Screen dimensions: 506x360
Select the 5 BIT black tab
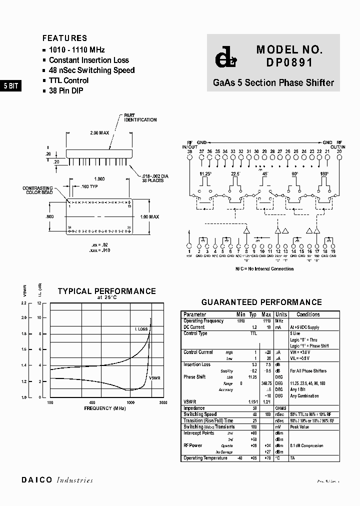click(x=10, y=86)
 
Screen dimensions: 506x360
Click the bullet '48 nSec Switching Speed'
click(x=91, y=70)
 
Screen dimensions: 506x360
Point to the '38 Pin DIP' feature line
click(x=66, y=90)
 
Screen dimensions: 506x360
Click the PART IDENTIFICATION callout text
click(x=140, y=117)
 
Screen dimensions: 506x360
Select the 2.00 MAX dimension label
click(x=100, y=133)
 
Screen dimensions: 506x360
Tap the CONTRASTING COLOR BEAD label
click(x=37, y=190)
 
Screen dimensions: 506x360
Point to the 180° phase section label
click(x=324, y=173)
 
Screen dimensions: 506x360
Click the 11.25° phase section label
click(x=205, y=173)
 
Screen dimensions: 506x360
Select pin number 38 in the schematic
click(x=189, y=151)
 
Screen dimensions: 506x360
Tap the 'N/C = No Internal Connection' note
click(x=264, y=269)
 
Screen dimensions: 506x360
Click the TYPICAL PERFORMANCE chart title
click(x=106, y=291)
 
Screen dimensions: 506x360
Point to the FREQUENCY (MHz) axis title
click(x=105, y=408)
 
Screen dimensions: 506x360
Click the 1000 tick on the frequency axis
click(x=131, y=402)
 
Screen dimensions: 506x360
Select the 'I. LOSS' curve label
click(x=141, y=328)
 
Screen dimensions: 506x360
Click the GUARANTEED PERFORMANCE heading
click(x=261, y=302)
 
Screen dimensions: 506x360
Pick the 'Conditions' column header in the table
click(x=308, y=314)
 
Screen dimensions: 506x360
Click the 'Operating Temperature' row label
click(x=205, y=458)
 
